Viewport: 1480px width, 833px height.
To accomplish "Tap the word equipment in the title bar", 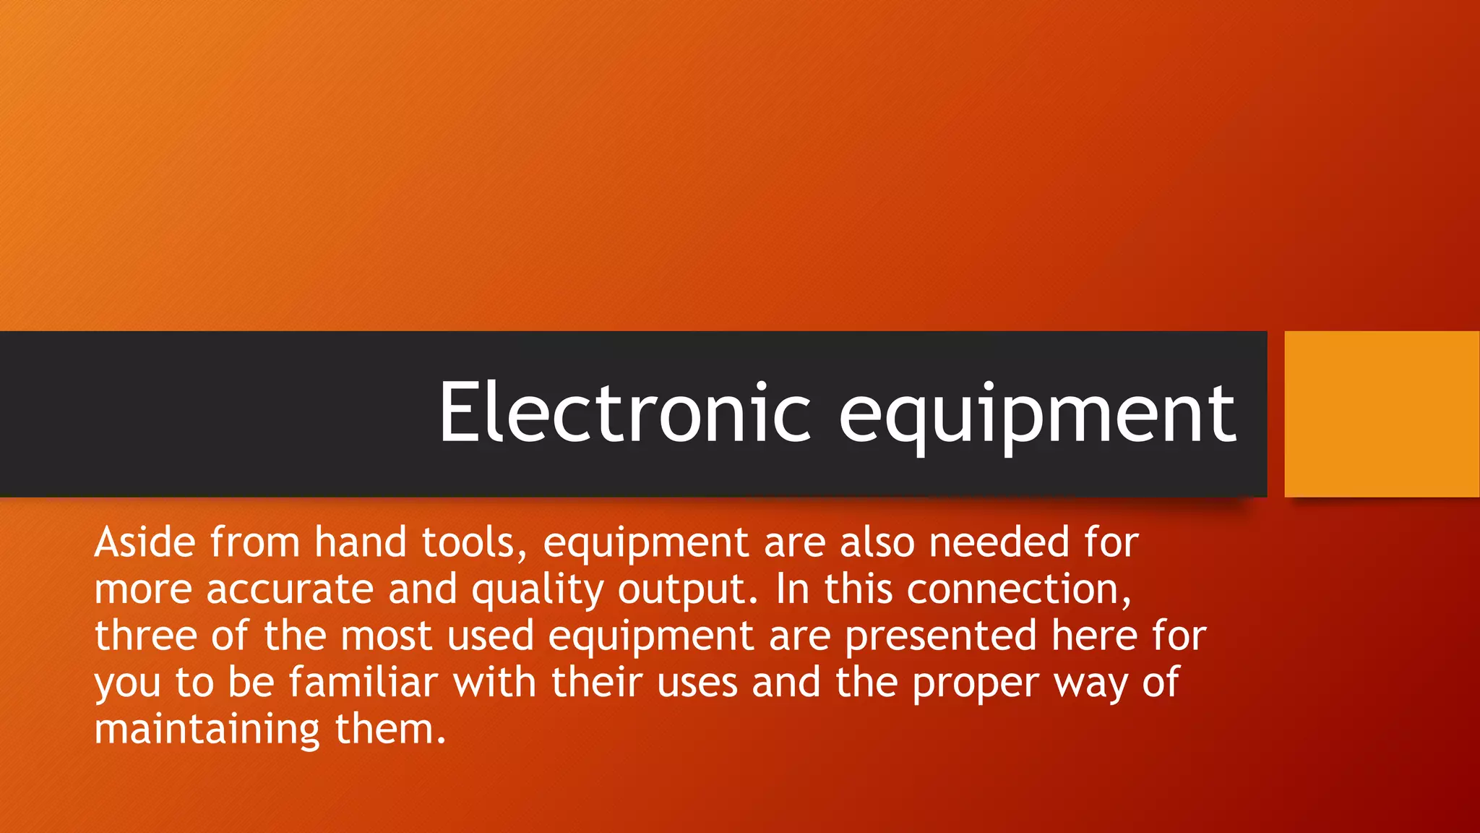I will click(1038, 416).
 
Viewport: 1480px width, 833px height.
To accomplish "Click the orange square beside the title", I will click(1382, 414).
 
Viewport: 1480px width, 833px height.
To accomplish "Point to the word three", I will click(145, 636).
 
